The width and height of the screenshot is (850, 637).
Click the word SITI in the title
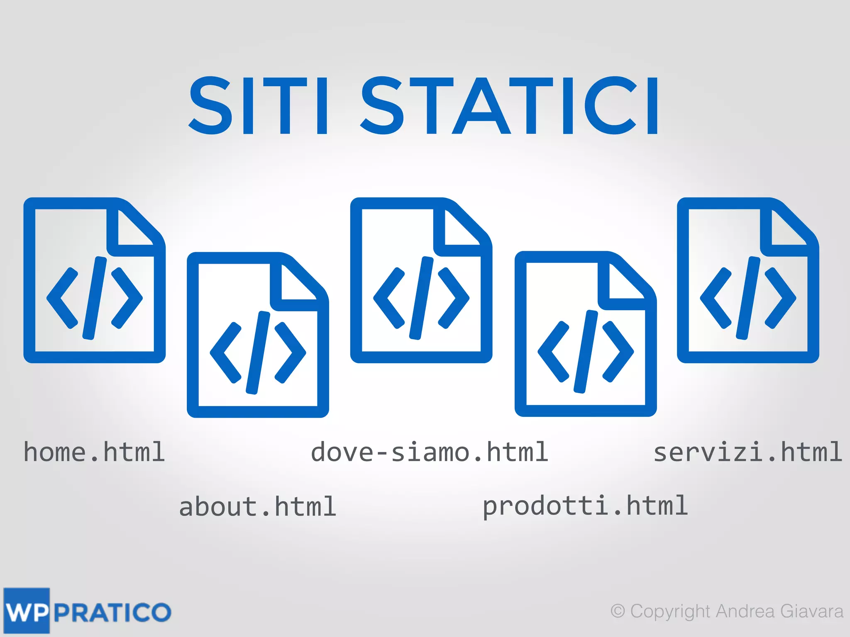260,106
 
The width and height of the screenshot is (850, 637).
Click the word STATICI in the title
510,106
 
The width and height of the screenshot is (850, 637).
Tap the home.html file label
94,452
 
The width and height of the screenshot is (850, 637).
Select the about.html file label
257,507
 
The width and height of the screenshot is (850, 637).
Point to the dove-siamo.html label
430,452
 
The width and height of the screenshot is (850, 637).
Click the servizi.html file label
747,452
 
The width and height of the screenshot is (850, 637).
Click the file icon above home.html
94,280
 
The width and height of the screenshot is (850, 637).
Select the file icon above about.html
258,335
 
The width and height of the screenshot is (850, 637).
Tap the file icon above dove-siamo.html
421,280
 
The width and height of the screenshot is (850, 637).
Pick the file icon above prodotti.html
586,334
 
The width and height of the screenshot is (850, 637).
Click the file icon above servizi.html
748,280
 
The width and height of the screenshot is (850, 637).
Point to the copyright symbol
618,611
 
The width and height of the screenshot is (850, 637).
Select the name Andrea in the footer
745,611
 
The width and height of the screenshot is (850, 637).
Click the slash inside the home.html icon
95,298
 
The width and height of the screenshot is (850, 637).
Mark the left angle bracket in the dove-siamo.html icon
388,298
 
